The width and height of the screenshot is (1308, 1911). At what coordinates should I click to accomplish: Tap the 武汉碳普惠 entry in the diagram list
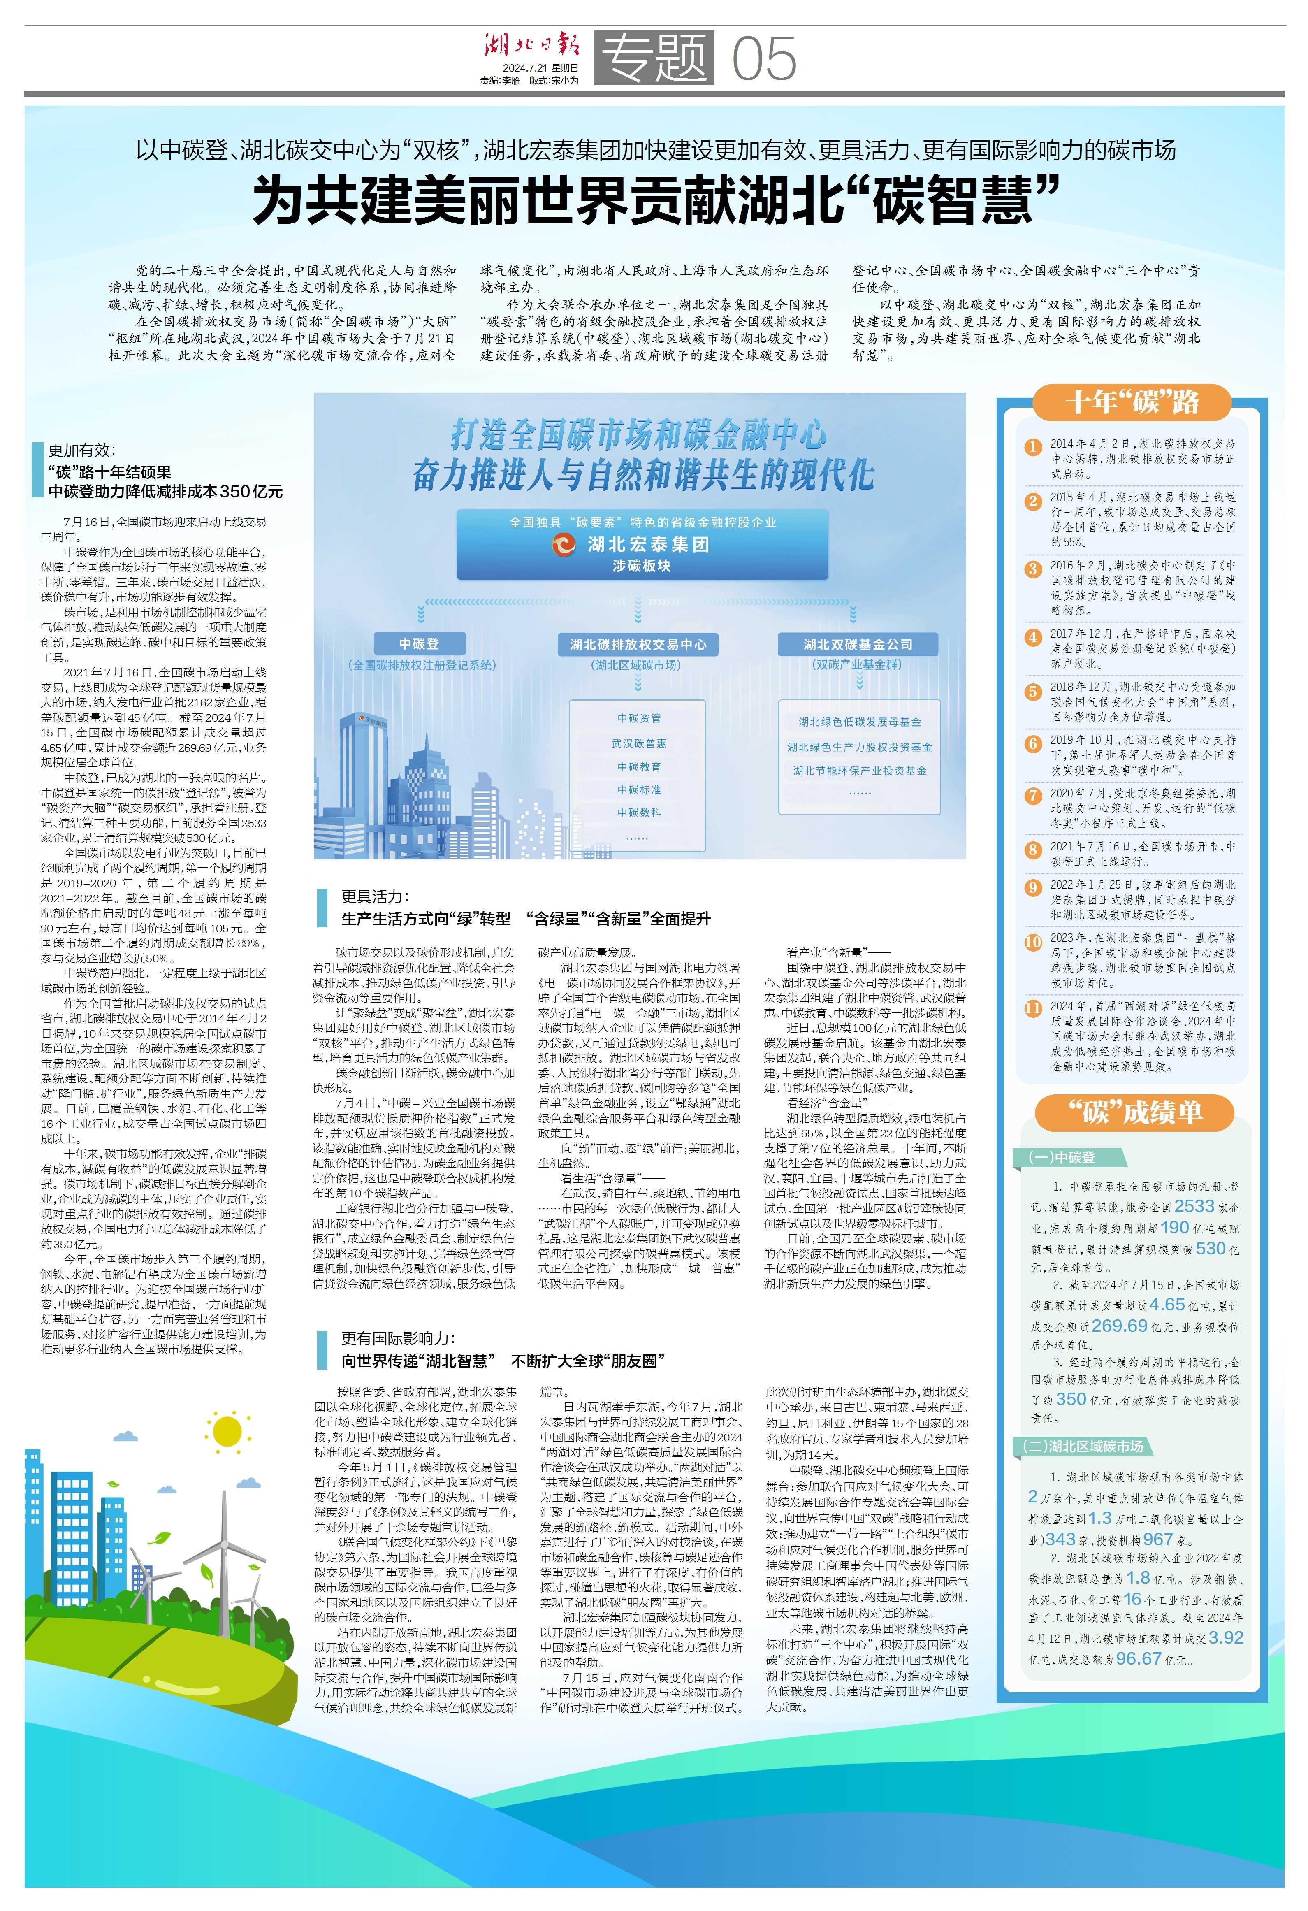pos(639,743)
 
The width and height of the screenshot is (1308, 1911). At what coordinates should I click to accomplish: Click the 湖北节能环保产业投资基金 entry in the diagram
pos(859,771)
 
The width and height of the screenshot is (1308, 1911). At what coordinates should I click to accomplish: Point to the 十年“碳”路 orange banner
pos(1132,402)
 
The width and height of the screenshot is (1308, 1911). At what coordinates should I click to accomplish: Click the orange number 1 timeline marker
pos(1032,447)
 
